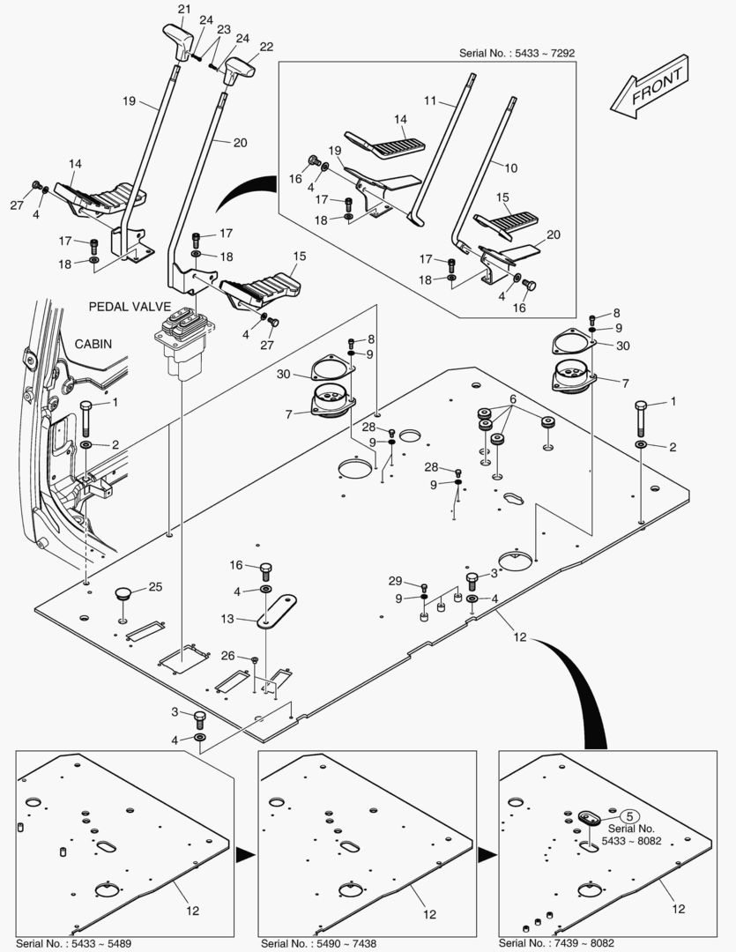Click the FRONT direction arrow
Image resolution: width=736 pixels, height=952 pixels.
pyautogui.click(x=650, y=85)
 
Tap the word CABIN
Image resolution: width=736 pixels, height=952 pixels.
pyautogui.click(x=93, y=344)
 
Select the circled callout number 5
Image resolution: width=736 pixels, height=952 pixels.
pyautogui.click(x=628, y=816)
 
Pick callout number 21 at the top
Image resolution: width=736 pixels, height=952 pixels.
pyautogui.click(x=183, y=9)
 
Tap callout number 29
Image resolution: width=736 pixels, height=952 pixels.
pyautogui.click(x=395, y=581)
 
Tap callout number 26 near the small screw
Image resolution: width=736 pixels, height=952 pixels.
pyautogui.click(x=227, y=655)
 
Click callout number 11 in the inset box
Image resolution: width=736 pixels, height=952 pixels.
pyautogui.click(x=430, y=102)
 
